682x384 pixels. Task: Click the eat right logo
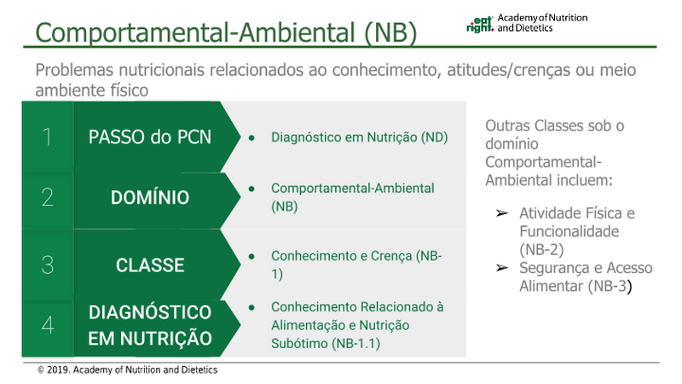480,25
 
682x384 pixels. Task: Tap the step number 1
47,137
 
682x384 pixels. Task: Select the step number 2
48,197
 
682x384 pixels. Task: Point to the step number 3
48,265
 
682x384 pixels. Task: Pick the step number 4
48,325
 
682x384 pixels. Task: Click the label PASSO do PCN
150,137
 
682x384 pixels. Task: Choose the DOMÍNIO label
150,197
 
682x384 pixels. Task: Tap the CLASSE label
150,265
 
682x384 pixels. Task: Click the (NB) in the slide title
390,32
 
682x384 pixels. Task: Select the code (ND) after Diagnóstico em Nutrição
434,137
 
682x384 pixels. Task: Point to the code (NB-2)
541,249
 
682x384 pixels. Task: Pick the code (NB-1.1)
355,344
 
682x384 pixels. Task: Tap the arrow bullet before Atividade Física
502,213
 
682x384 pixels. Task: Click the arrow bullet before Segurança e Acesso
502,268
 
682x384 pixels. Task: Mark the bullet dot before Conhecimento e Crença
251,257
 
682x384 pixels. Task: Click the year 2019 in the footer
58,370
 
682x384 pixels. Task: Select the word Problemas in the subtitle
75,70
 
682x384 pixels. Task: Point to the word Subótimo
299,344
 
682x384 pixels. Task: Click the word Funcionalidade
569,231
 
